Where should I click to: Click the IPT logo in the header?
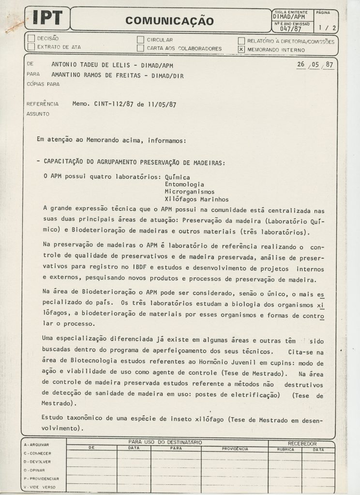tap(47, 18)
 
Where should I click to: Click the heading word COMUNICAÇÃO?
tap(169, 20)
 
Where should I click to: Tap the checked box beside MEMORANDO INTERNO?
tap(241, 49)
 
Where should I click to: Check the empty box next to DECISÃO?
tap(31, 39)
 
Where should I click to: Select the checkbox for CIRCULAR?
tap(140, 40)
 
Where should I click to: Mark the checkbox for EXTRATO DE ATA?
tap(31, 47)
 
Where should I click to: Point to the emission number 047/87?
tap(290, 29)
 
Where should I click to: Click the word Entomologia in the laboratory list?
tap(184, 184)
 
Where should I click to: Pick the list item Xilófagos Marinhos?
tap(190, 199)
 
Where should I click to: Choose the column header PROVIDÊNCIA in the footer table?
tap(235, 449)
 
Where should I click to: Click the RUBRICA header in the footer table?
tap(285, 449)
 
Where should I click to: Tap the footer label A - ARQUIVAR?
tap(37, 444)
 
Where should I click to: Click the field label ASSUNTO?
tap(36, 114)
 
